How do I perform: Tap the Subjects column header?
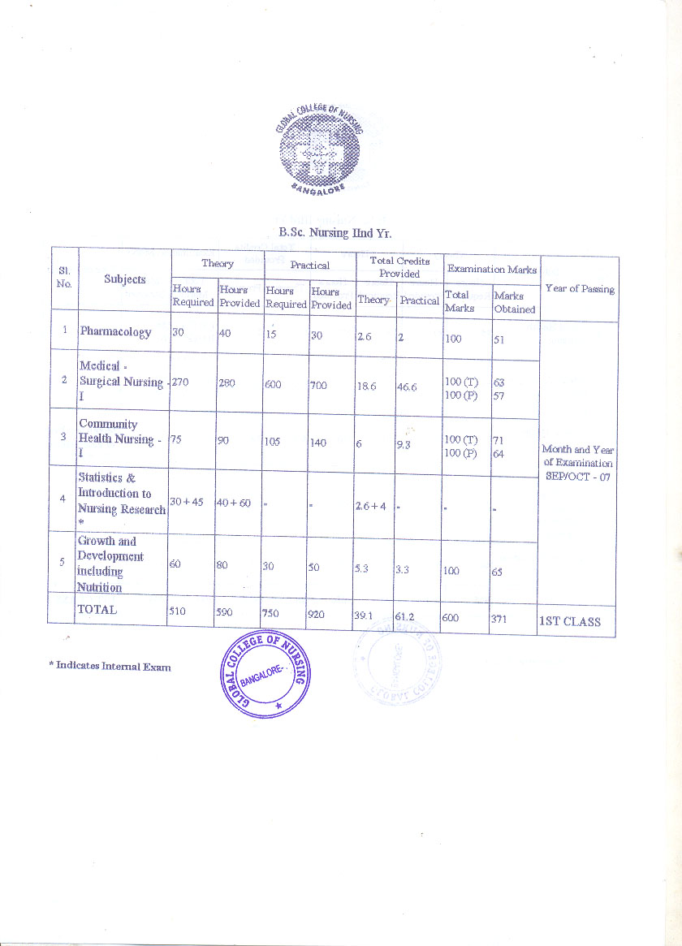click(x=124, y=279)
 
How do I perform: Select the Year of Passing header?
click(x=580, y=288)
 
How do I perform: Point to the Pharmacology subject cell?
click(x=115, y=331)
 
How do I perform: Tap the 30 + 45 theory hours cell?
click(x=187, y=503)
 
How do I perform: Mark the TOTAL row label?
click(x=97, y=609)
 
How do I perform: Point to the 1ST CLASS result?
click(x=570, y=621)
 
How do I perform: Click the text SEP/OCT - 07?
click(x=579, y=476)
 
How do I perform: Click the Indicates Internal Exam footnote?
click(x=110, y=666)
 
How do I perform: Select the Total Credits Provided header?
click(x=399, y=267)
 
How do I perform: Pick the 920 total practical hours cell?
click(x=316, y=615)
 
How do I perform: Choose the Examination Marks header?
click(x=492, y=269)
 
